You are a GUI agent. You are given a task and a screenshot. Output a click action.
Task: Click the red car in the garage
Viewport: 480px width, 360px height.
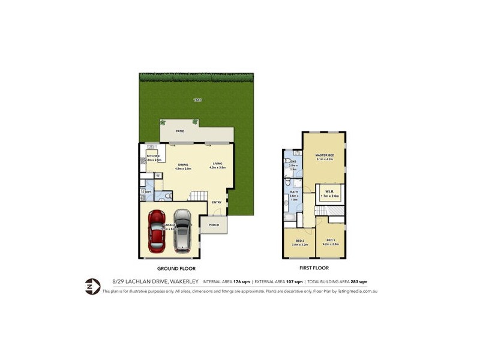(157, 230)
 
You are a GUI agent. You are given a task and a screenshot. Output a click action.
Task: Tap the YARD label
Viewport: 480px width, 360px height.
(197, 100)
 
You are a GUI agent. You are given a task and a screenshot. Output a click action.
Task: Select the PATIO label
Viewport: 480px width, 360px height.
(179, 130)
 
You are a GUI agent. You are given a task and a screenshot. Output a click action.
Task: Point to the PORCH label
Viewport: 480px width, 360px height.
(213, 225)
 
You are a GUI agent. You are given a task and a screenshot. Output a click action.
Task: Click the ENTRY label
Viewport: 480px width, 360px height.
(217, 202)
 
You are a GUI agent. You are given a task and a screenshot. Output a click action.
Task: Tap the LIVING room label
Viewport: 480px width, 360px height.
(217, 164)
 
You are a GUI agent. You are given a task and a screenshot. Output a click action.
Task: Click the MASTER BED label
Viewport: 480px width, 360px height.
(325, 155)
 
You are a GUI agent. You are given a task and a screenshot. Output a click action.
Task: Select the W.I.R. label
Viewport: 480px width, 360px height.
(330, 193)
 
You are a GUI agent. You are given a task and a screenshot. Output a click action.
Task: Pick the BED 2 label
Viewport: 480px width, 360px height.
(300, 241)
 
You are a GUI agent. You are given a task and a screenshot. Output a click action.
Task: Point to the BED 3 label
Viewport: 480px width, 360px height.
(331, 241)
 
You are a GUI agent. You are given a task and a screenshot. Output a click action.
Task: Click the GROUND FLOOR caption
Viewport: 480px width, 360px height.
(176, 268)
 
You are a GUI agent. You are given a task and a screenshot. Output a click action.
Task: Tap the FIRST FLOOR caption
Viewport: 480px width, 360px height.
(313, 268)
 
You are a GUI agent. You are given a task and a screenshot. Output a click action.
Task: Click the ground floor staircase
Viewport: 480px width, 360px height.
(199, 196)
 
